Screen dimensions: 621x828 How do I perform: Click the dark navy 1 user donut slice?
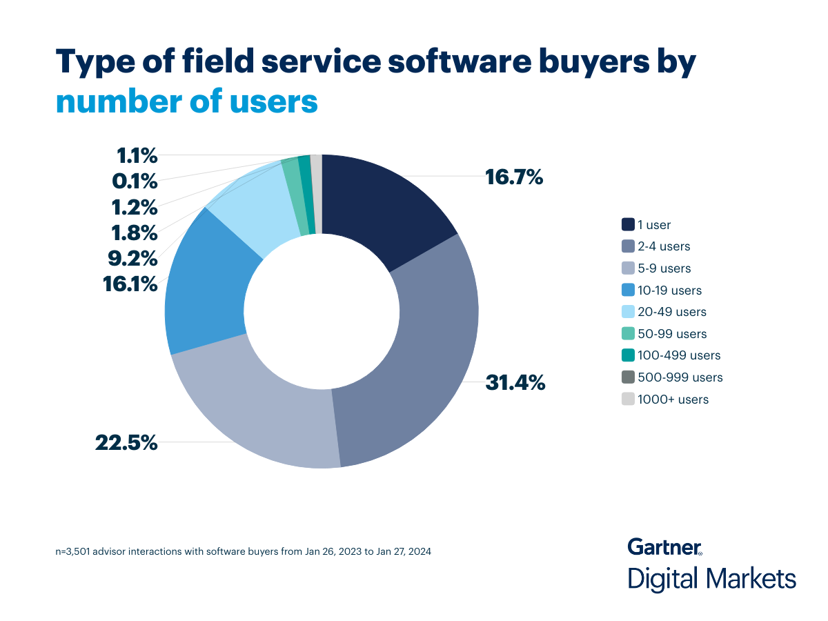tap(379, 207)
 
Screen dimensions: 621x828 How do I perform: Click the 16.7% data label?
tap(514, 177)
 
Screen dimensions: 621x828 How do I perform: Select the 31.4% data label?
tap(515, 382)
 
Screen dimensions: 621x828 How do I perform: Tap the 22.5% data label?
tap(126, 442)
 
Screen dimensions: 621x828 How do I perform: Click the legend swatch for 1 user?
tap(629, 224)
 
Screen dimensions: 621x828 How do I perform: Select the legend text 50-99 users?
tap(672, 334)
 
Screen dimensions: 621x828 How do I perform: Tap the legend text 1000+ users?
tap(673, 400)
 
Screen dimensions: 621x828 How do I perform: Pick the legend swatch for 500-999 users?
tap(629, 377)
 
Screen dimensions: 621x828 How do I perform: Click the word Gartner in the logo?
tap(664, 547)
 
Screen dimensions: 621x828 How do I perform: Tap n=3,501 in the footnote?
tap(77, 552)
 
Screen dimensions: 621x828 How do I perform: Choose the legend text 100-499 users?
tap(679, 356)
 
